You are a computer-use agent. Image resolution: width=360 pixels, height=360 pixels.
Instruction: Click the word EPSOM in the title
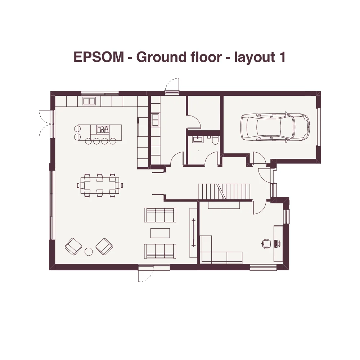99,57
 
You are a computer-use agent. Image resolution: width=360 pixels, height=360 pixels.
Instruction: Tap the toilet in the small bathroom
215,140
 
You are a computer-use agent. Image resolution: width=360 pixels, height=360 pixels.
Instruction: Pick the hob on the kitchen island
103,130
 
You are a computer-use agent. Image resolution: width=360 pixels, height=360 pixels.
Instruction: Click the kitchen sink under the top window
89,101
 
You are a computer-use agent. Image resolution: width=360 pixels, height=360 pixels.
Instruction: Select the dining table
100,185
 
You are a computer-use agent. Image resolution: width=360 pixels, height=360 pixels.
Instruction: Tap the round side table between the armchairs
89,252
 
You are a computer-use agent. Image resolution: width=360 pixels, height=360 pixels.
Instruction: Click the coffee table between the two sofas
160,233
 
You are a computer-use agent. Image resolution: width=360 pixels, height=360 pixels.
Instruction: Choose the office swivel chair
266,243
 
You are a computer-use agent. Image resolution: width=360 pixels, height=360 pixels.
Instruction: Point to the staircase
224,192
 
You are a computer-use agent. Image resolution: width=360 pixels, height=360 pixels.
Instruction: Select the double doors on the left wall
46,124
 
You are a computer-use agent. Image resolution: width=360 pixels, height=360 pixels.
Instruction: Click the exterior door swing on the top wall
172,85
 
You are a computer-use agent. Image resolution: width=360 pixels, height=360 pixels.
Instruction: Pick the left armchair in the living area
73,247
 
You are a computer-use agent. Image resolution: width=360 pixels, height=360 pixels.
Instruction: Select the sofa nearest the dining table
160,215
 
